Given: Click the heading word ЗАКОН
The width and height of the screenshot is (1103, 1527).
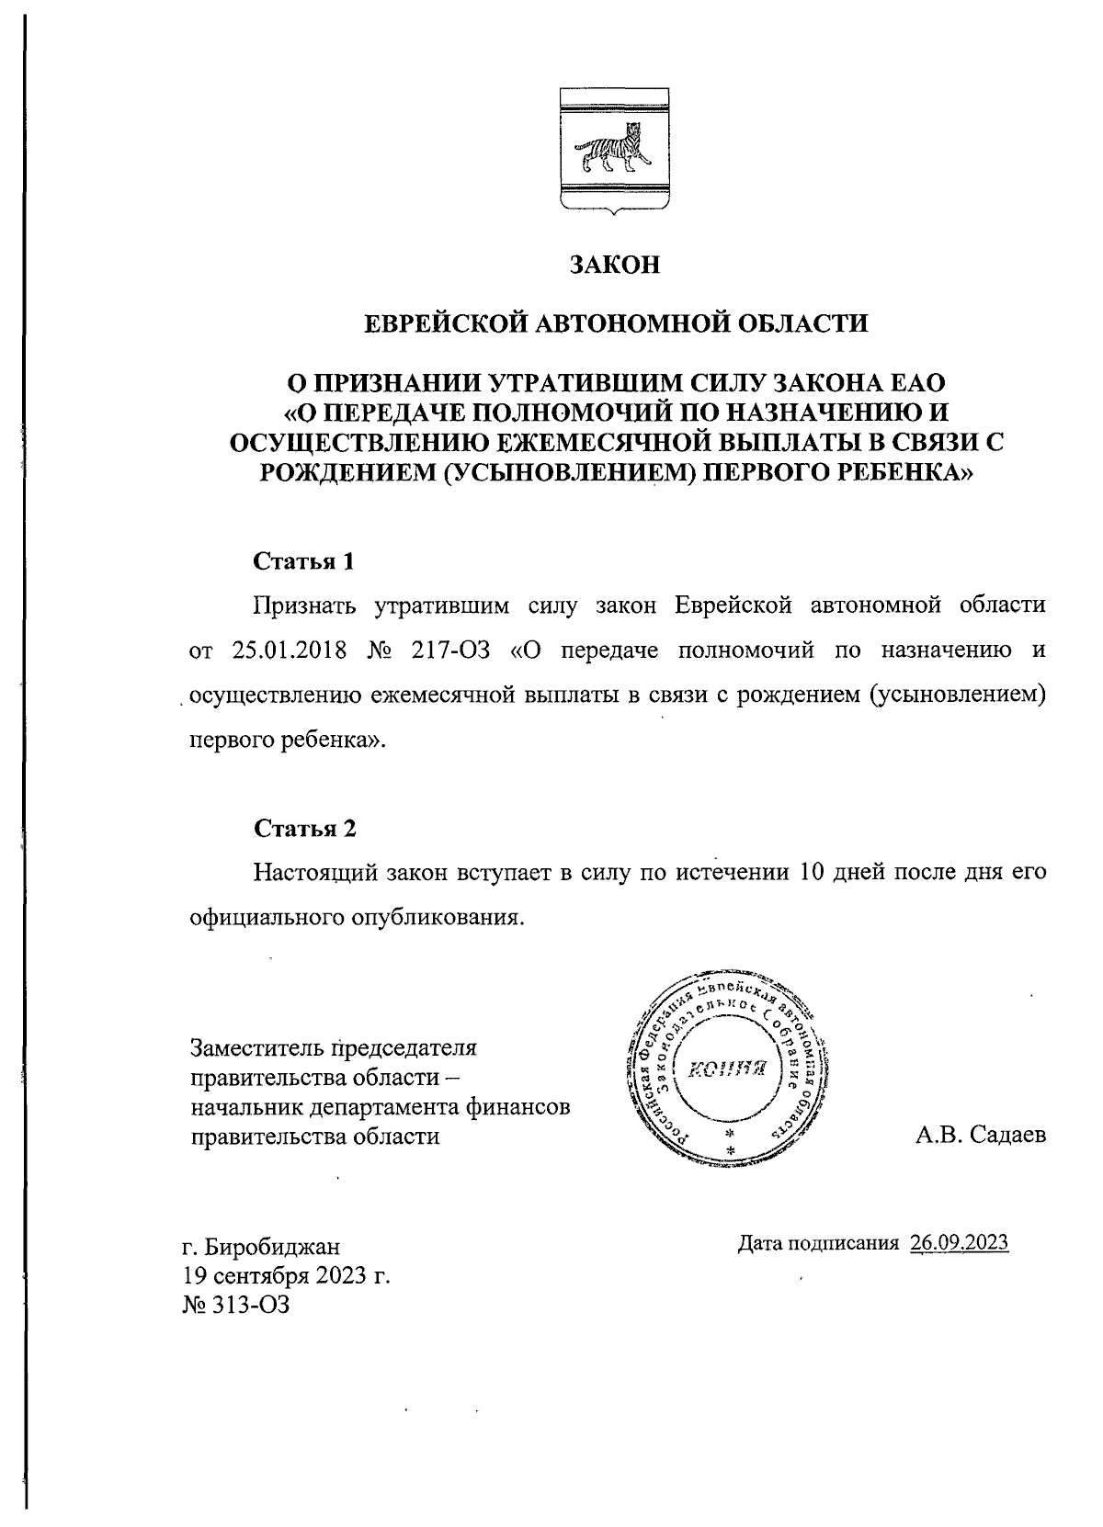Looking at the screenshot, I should (x=615, y=266).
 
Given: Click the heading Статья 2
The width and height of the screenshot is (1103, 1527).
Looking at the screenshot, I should (x=304, y=828).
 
